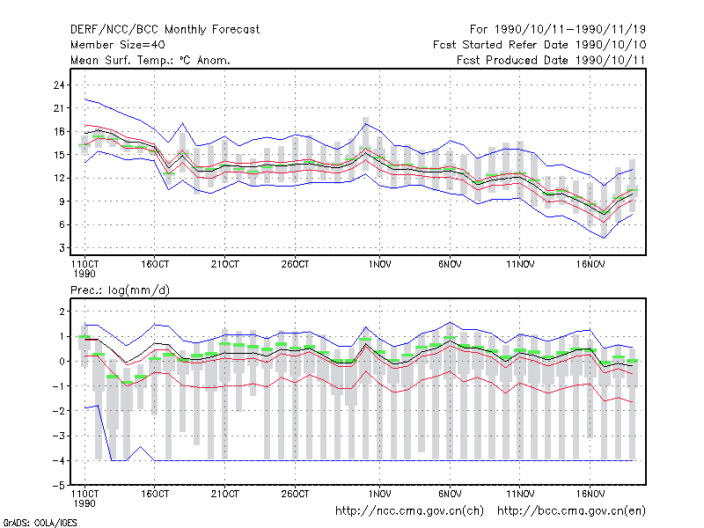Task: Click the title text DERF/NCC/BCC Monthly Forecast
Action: tap(165, 30)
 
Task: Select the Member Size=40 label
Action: tap(118, 45)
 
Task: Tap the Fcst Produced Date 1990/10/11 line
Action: tap(551, 60)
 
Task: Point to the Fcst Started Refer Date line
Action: tap(539, 45)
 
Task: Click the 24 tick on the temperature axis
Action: tap(59, 84)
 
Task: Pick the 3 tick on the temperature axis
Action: tap(62, 248)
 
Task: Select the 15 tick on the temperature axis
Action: tap(59, 155)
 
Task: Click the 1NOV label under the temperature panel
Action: tap(380, 265)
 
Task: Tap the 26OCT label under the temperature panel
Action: tap(295, 265)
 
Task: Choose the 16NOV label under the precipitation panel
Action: tap(590, 494)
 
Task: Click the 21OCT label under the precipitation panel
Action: tap(225, 494)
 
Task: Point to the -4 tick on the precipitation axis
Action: tap(59, 460)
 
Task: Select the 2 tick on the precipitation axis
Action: tap(62, 312)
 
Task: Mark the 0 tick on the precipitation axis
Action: tap(62, 362)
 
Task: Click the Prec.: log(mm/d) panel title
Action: tap(120, 290)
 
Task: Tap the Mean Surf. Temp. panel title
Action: tap(150, 60)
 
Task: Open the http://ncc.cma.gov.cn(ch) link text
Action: tap(409, 511)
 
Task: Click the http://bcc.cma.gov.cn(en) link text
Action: tap(571, 511)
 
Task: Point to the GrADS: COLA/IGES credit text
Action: tap(40, 523)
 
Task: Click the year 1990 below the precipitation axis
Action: tap(84, 503)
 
